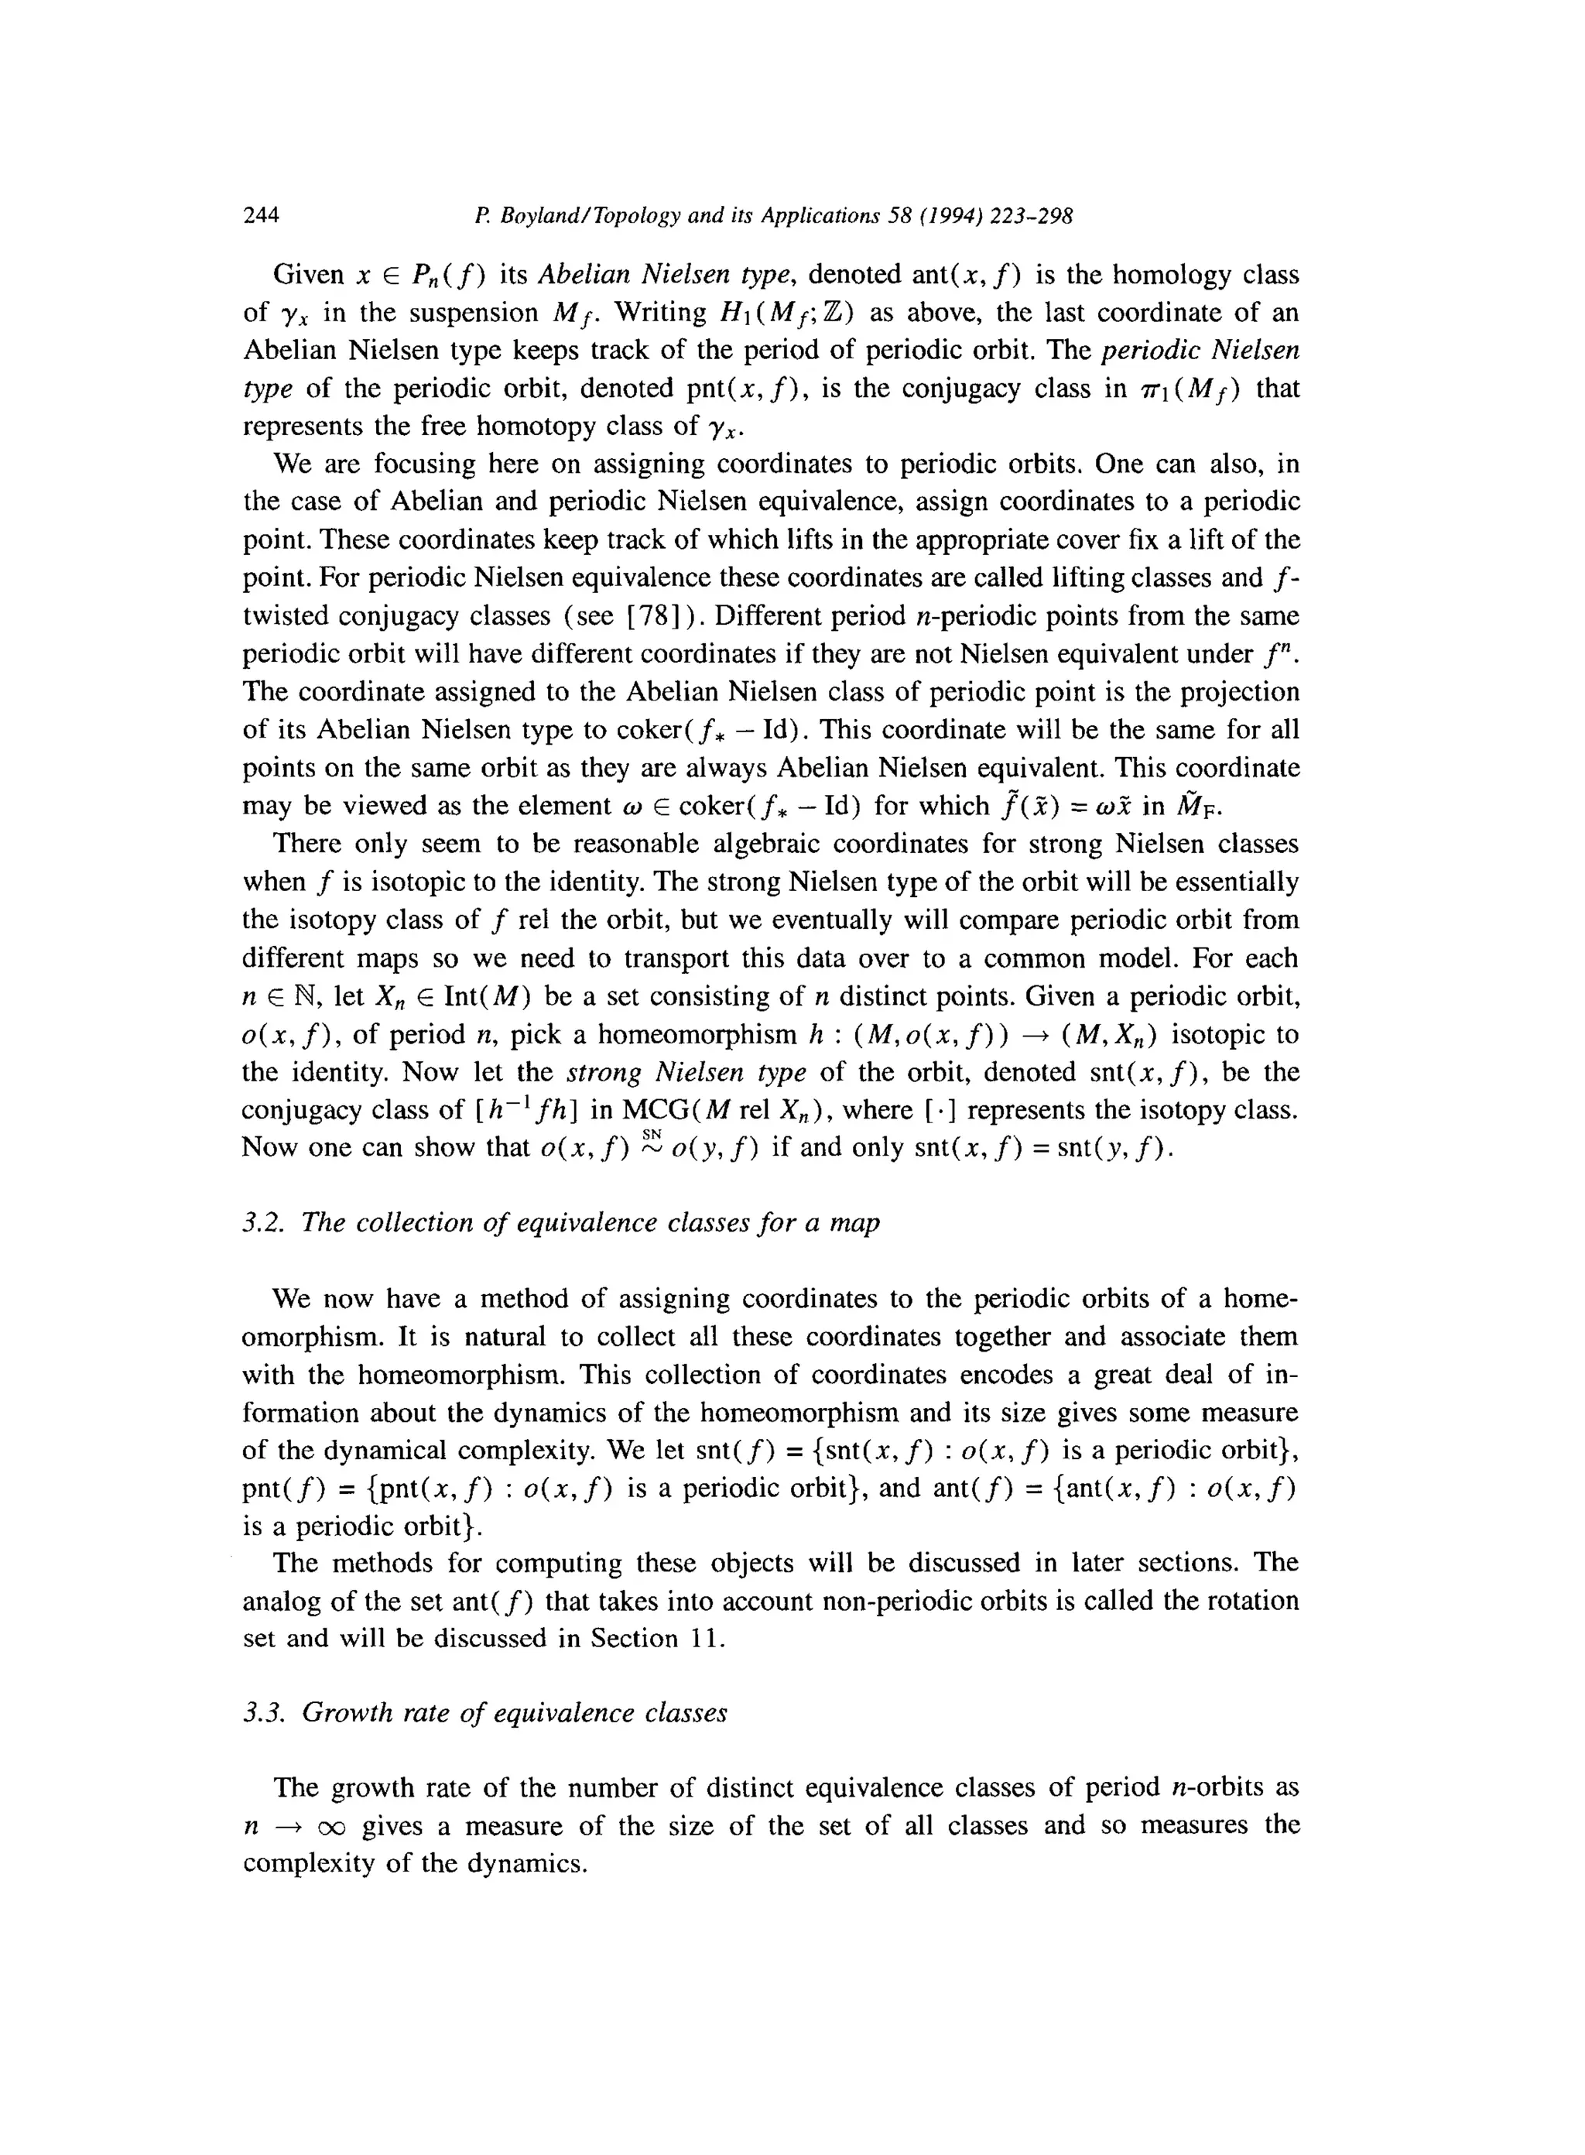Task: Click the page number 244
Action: click(x=261, y=216)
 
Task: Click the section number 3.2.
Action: click(x=264, y=1223)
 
